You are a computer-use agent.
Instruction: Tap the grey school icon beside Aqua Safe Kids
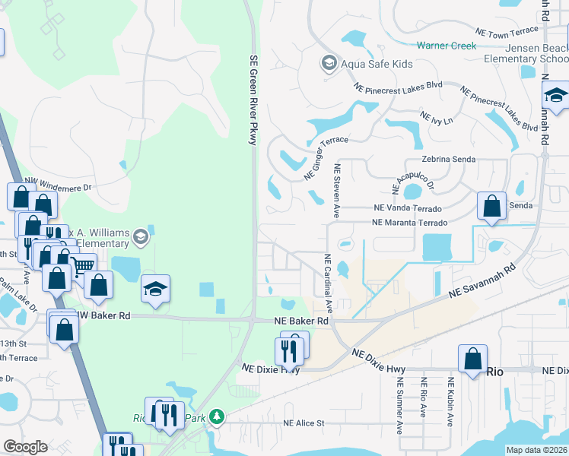[x=329, y=62]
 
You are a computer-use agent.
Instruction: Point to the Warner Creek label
[x=446, y=46]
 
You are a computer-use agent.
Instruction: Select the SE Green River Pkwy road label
[x=254, y=99]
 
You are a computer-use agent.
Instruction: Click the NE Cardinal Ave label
[x=329, y=283]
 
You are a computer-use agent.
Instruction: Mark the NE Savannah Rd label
[x=482, y=280]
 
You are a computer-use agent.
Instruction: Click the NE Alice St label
[x=304, y=423]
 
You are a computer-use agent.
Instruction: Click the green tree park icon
[x=217, y=416]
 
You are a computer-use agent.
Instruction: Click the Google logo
[x=25, y=447]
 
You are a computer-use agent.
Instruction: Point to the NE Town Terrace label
[x=506, y=33]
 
